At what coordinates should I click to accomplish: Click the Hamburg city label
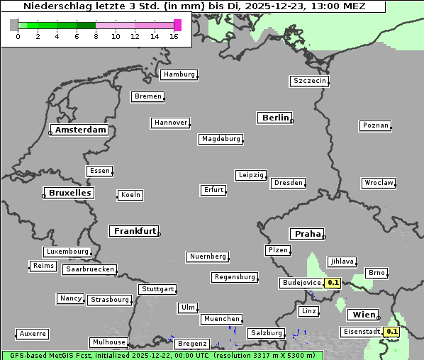178,74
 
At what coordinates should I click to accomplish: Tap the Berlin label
275,118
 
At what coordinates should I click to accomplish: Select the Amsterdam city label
81,130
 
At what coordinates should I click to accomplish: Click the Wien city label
363,315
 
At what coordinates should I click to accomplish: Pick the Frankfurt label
134,231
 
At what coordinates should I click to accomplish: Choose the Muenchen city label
221,320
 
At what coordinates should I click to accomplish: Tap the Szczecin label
310,81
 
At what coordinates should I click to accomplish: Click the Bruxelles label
68,193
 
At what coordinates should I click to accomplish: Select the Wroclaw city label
379,183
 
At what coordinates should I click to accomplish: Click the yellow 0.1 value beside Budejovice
333,283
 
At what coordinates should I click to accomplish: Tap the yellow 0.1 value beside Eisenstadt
391,332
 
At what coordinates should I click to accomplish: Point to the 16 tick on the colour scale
174,36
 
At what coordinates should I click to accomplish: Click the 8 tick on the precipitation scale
96,36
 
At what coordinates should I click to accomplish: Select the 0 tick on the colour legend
18,36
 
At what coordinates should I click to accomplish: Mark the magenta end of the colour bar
177,25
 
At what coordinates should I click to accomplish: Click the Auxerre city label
33,333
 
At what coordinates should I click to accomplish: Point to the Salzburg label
266,333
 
